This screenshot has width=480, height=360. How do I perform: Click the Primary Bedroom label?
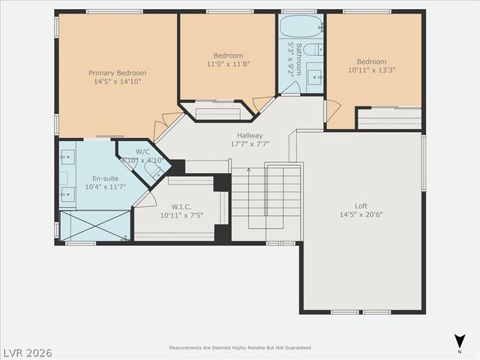117,73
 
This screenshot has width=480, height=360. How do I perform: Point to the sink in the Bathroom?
316,76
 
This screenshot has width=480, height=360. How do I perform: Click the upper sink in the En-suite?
67,157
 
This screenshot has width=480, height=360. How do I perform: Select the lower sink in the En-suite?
67,192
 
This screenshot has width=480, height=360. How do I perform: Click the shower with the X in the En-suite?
94,226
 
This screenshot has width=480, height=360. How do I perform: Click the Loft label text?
361,205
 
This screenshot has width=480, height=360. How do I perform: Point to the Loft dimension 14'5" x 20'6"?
361,214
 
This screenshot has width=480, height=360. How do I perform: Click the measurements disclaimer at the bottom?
240,348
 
